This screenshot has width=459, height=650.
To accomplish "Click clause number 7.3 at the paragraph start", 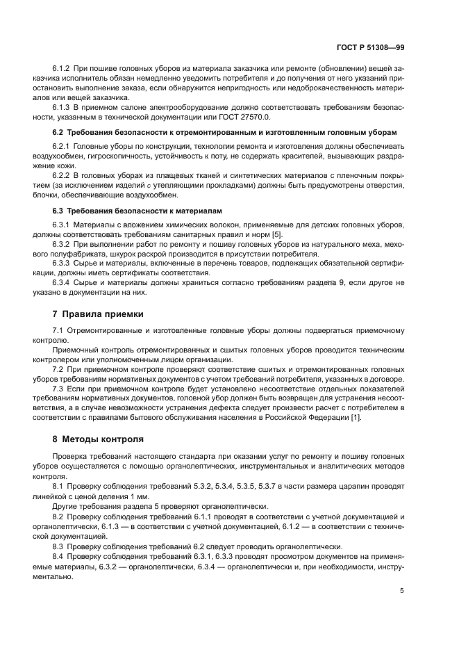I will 59,389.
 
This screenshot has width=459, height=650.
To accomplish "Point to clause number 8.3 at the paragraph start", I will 59,547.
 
